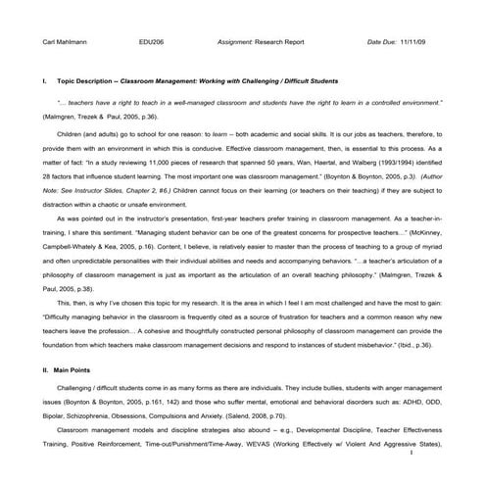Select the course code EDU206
(152, 42)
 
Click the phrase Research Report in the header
(290, 42)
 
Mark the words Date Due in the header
(383, 42)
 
